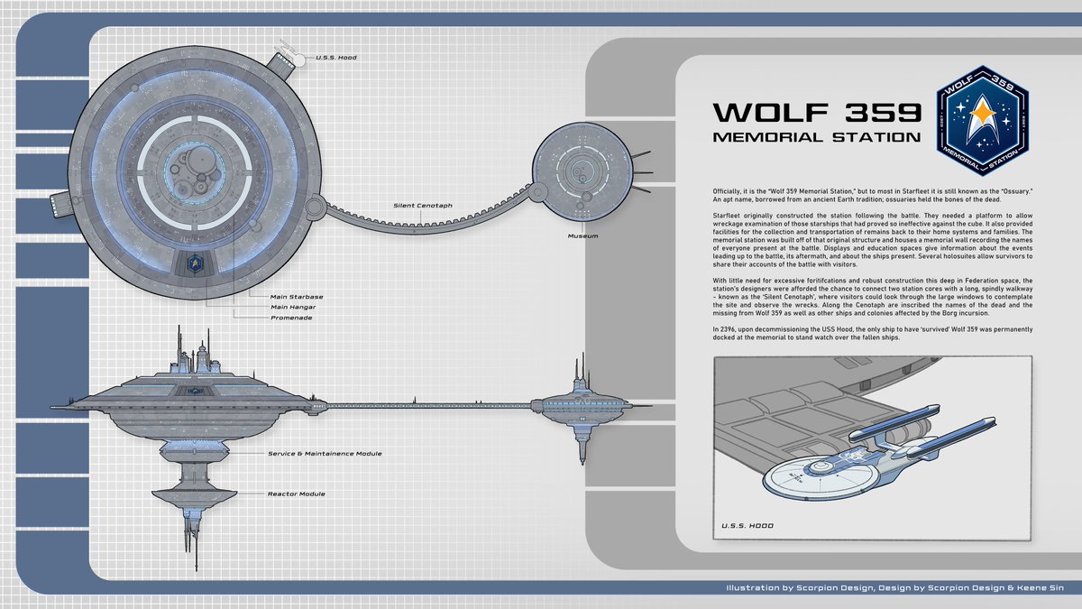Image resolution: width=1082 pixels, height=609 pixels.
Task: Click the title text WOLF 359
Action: click(x=817, y=113)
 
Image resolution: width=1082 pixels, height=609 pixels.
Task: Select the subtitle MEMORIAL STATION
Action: click(x=817, y=138)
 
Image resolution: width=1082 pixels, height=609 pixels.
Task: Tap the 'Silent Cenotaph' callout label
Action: click(x=423, y=205)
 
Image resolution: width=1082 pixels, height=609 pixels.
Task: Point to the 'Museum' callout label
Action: click(x=583, y=235)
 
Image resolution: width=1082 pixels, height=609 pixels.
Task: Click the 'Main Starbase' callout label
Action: click(x=297, y=296)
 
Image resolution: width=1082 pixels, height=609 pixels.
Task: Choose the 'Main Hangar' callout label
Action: click(x=293, y=307)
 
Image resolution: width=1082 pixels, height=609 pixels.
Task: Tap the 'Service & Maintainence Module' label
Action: click(x=325, y=453)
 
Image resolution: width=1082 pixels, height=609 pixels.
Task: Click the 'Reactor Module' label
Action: click(x=296, y=494)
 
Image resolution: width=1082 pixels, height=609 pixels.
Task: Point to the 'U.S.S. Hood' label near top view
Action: click(x=335, y=58)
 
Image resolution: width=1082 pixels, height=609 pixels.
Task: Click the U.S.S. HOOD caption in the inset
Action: click(x=747, y=525)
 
